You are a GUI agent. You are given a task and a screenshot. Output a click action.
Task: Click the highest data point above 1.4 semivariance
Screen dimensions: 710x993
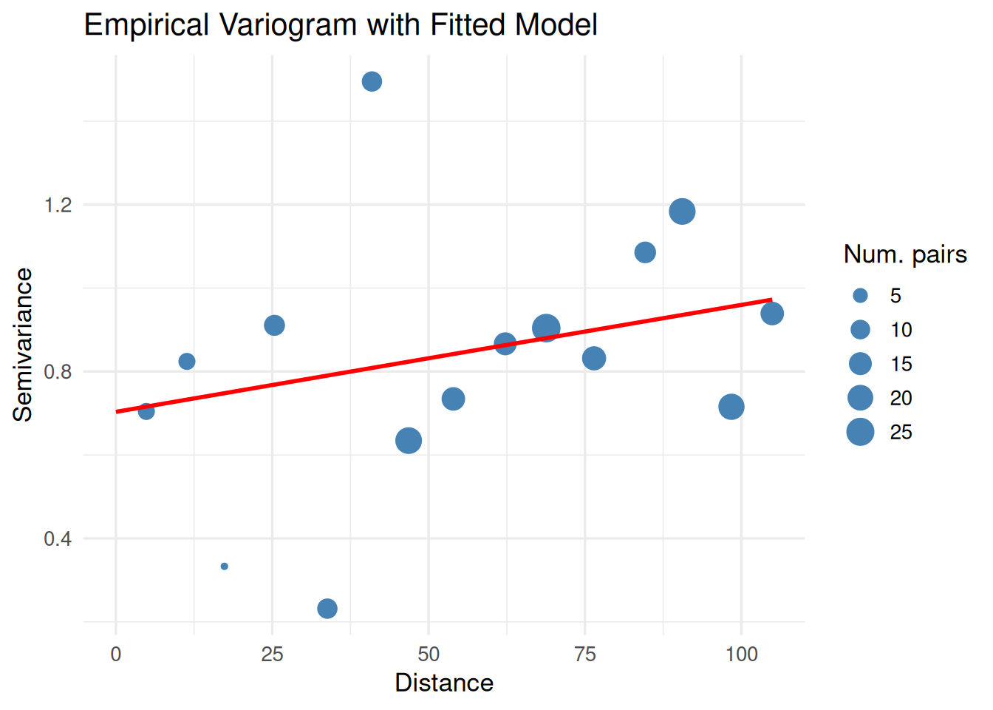tap(372, 81)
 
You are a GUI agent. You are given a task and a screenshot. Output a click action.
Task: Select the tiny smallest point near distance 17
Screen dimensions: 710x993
tap(224, 567)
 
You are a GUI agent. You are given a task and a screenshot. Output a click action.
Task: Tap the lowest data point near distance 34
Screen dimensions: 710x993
tap(327, 609)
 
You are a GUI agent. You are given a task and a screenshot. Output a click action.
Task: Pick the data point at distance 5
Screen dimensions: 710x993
tap(146, 411)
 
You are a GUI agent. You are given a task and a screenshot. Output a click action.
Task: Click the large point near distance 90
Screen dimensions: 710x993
tap(682, 212)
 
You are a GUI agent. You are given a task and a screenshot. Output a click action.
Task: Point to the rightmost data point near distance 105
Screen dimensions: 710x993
tap(772, 314)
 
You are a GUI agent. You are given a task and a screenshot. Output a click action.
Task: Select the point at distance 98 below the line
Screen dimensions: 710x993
tap(731, 407)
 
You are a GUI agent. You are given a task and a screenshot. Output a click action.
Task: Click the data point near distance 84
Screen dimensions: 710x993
tap(645, 253)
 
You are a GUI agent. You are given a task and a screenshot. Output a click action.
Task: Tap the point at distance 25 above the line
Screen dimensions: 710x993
tap(274, 325)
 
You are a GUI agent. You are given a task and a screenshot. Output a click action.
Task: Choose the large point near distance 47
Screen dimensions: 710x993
tap(409, 441)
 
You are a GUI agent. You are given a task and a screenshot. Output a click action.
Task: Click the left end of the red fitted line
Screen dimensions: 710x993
tap(117, 411)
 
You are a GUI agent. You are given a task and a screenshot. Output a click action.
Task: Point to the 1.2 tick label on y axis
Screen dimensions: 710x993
tap(58, 205)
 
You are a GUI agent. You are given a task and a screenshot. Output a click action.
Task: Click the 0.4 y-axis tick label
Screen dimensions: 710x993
tap(58, 538)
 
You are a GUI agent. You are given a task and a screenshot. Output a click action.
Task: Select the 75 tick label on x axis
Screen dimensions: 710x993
tap(584, 655)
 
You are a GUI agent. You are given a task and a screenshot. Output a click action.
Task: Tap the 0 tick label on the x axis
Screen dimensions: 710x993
tap(116, 655)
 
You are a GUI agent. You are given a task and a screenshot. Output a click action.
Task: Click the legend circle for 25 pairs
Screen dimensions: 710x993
tap(860, 432)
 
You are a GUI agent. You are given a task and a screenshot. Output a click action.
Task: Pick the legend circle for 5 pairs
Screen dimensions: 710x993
tap(860, 296)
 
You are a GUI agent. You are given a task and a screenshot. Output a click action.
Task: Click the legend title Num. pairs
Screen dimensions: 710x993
tap(905, 254)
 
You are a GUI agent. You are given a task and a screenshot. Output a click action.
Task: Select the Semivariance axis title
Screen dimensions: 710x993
tap(23, 345)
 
